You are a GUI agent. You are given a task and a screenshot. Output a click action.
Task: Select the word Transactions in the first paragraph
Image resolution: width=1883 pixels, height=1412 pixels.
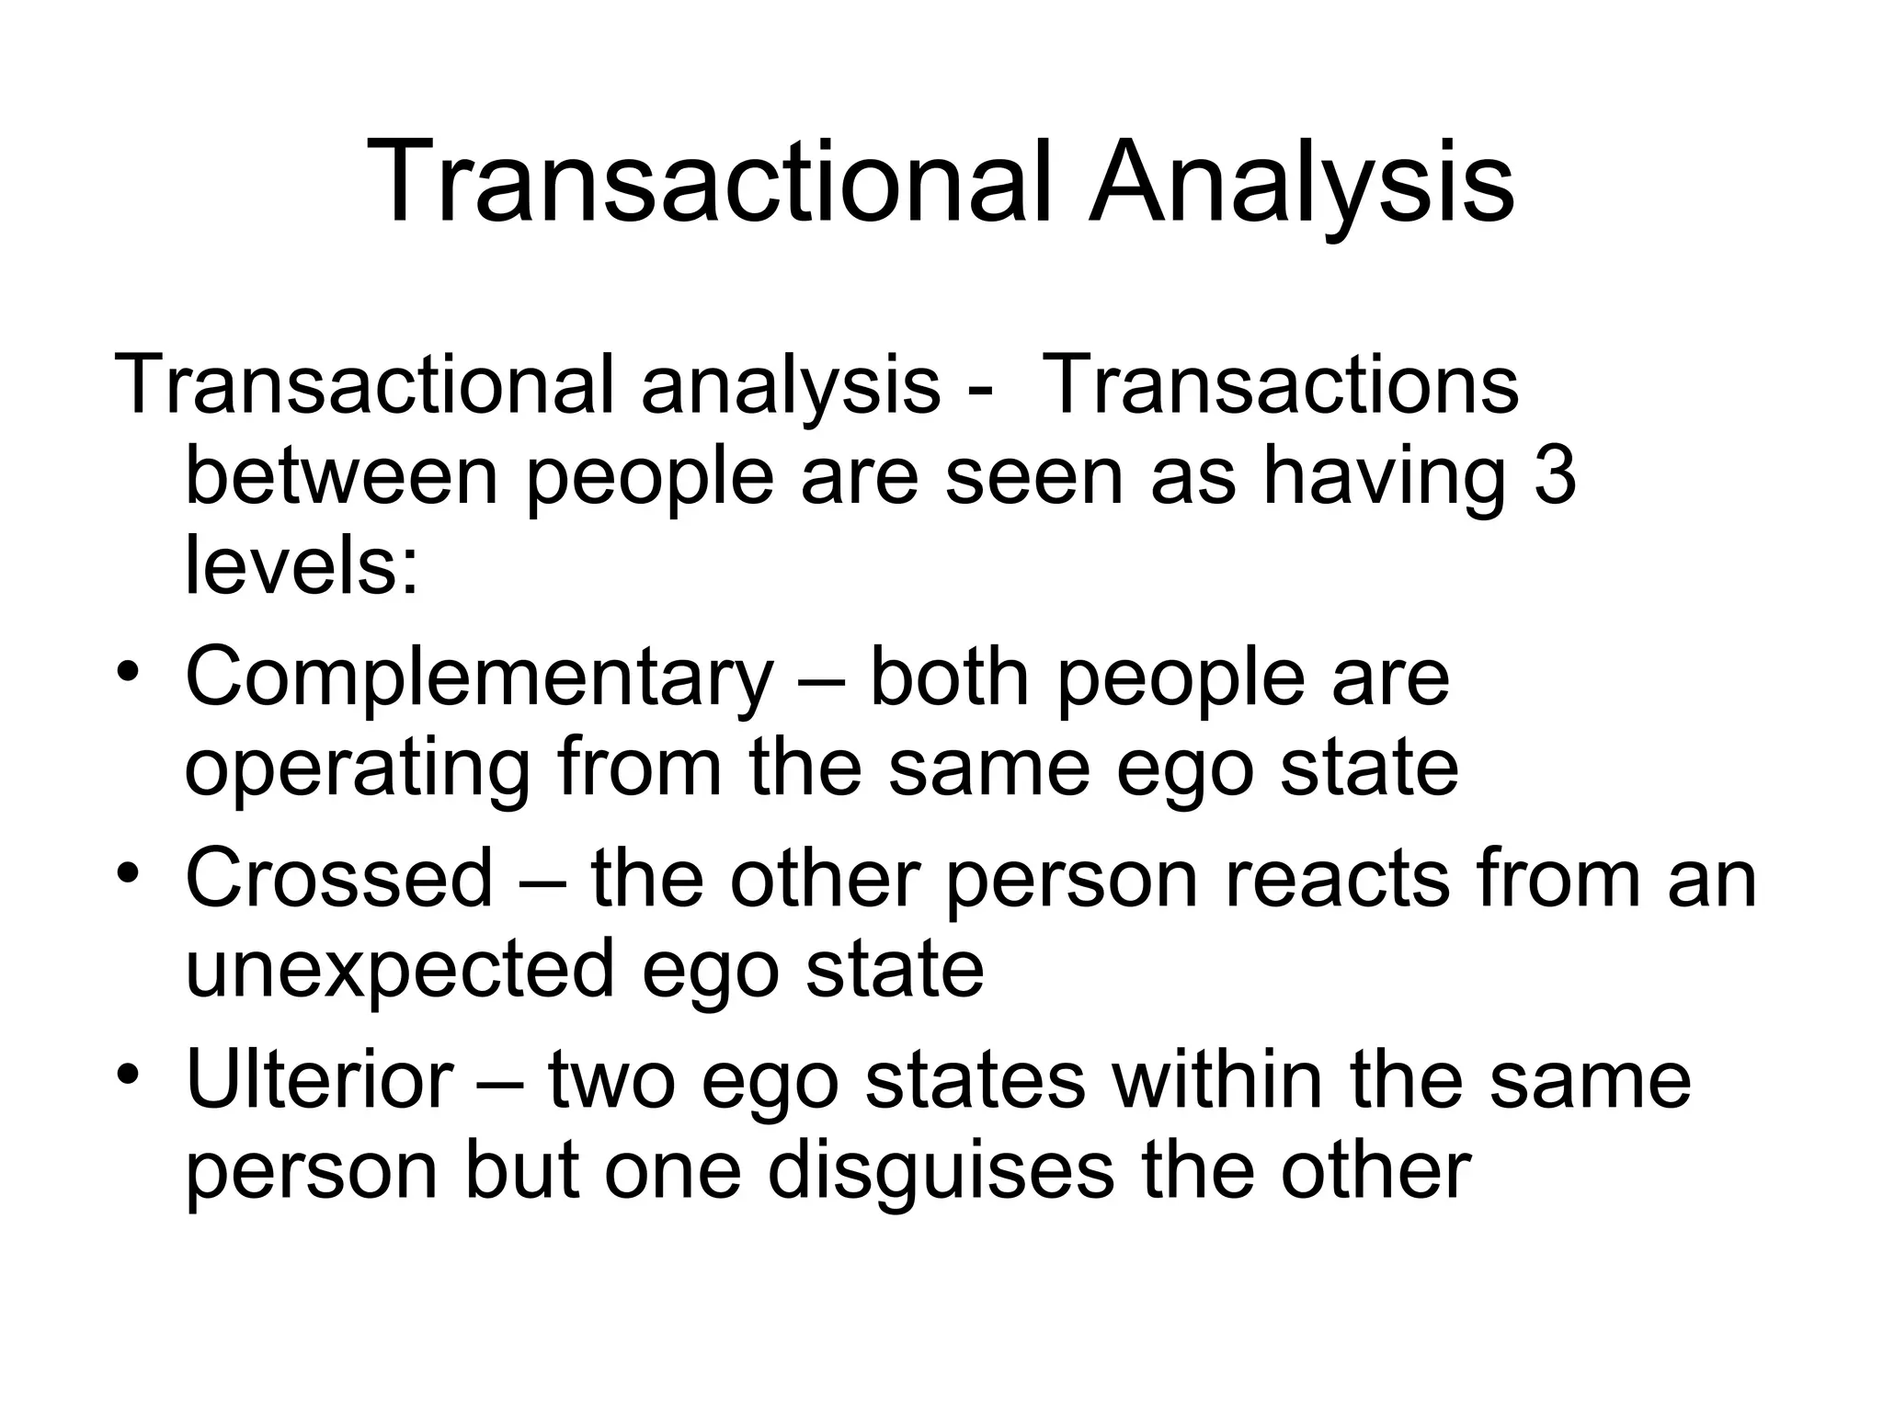[1282, 386]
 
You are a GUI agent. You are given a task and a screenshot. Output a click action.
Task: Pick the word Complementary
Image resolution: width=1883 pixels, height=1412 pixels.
[478, 678]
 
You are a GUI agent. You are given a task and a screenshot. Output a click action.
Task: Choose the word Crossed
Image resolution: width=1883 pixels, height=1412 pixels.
[339, 879]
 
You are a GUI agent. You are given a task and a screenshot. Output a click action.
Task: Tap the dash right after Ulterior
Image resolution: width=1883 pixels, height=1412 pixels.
[502, 1081]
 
